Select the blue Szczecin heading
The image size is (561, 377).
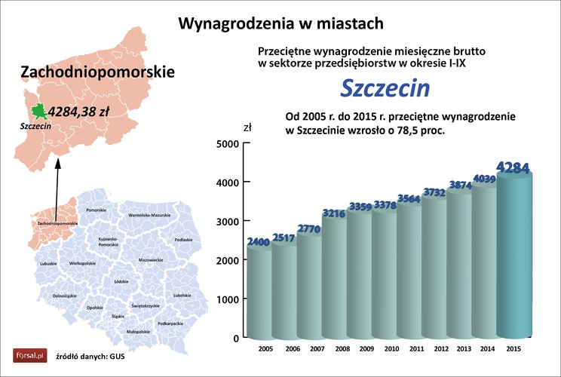pos(385,88)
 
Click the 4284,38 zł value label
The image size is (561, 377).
pos(79,112)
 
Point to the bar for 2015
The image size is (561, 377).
pos(519,256)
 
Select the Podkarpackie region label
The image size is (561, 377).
pos(171,322)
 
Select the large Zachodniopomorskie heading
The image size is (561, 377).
pos(97,72)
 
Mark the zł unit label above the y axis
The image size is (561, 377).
pos(247,127)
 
